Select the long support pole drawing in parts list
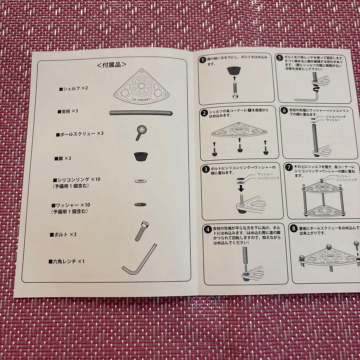coord(142,113)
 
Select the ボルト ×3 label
coord(63,234)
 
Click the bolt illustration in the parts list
coord(140,230)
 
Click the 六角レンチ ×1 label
coord(67,261)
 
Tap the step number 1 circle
coord(202,60)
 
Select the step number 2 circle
coord(204,113)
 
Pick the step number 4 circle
coord(207,229)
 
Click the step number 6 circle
coord(284,111)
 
